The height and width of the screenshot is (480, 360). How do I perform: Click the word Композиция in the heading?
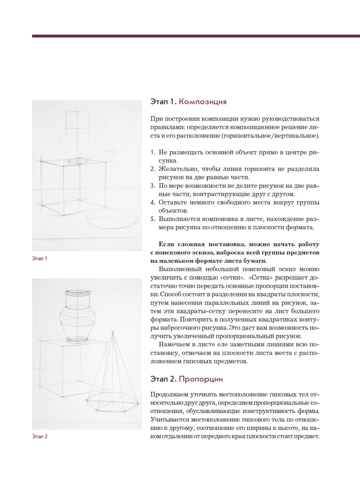click(203, 102)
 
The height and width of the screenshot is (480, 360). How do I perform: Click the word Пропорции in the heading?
click(201, 379)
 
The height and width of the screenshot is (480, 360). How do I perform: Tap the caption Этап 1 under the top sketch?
click(40, 259)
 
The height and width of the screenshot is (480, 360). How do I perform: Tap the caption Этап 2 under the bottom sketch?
click(40, 436)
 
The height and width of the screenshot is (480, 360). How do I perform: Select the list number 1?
click(153, 152)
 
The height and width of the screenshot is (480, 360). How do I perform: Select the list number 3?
click(153, 186)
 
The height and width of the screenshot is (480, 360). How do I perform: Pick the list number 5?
click(153, 219)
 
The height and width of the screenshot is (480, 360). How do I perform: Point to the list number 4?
click(153, 202)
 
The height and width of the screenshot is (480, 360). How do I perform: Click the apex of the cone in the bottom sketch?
click(113, 332)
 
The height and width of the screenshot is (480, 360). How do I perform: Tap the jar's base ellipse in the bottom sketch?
click(77, 339)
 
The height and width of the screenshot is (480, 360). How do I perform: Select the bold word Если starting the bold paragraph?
click(166, 244)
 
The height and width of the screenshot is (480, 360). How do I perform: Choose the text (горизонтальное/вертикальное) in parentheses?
click(270, 136)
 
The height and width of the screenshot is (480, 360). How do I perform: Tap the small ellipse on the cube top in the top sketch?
click(77, 161)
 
